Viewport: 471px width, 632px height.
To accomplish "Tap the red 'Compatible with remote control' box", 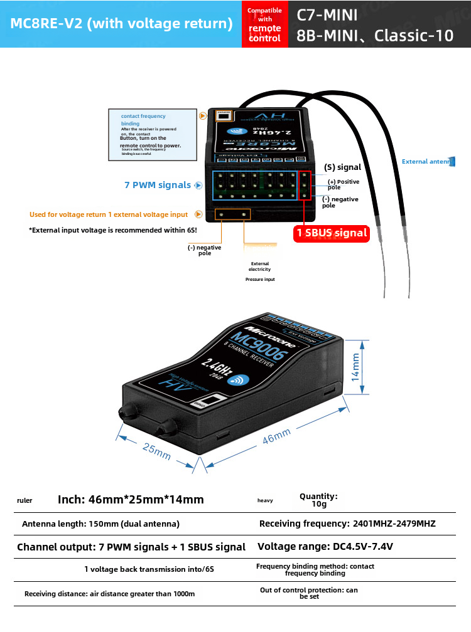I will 264,24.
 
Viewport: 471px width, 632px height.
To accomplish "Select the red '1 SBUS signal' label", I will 332,233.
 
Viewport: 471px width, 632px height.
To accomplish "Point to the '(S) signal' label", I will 342,167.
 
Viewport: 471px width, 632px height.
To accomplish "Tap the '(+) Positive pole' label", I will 343,184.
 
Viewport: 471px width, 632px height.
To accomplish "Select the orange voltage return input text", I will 109,214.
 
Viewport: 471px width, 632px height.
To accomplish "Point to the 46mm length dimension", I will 276,437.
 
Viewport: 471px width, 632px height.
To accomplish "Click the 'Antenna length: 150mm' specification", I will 101,524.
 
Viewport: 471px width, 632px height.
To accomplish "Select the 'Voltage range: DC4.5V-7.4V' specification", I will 325,546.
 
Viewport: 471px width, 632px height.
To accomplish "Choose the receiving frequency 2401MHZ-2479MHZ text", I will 347,524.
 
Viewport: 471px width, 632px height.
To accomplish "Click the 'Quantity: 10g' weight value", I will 318,500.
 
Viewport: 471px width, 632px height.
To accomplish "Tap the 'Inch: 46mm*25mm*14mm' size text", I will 131,500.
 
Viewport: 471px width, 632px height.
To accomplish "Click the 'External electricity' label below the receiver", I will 260,266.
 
